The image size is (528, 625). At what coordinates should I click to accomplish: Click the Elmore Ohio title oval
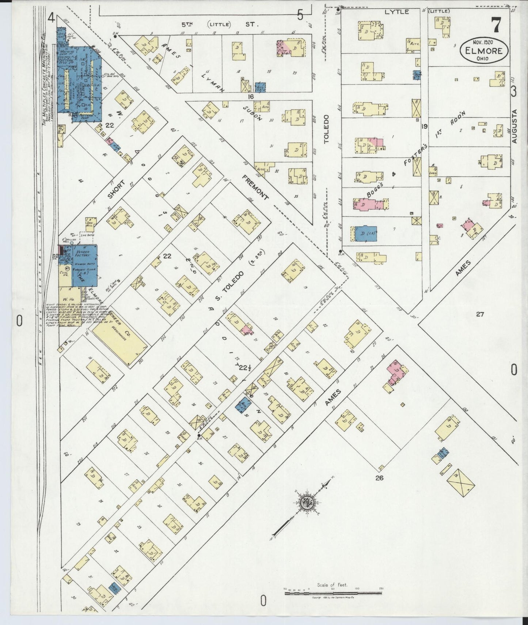[x=484, y=51]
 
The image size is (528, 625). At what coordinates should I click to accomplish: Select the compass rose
[x=305, y=504]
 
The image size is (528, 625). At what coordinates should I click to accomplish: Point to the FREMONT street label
[x=255, y=187]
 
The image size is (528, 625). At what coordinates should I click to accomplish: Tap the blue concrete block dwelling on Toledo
[x=365, y=233]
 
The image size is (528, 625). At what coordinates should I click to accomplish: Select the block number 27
[x=480, y=314]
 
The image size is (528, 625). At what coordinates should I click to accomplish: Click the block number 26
[x=379, y=477]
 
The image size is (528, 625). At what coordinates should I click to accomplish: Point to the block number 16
[x=250, y=96]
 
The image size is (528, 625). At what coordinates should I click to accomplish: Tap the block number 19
[x=424, y=127]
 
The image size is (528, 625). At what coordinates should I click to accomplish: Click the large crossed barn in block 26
[x=460, y=482]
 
